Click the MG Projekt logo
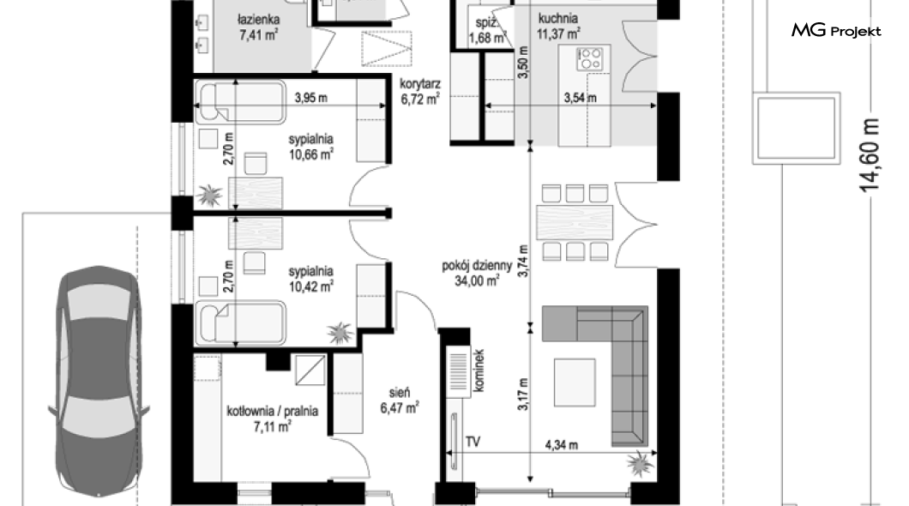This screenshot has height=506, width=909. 836,30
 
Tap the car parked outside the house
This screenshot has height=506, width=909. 99,381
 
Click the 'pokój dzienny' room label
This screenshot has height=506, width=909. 477,266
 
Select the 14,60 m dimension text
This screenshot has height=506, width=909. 870,154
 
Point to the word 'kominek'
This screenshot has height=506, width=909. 479,370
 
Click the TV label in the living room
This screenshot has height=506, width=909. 473,443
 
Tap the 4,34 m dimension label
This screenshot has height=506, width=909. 561,445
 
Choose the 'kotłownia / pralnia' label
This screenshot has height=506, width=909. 273,412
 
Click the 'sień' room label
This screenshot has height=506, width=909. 400,393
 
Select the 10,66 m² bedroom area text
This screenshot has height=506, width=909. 311,154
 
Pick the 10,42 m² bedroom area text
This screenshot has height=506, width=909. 311,286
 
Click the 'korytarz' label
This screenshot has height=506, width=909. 419,84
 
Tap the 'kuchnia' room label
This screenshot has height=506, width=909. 557,19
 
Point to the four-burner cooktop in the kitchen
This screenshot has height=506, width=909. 590,58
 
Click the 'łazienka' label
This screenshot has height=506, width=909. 259,21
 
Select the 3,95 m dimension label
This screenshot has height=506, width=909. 310,98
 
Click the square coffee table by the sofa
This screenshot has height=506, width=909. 575,382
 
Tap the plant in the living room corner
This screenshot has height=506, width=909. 640,463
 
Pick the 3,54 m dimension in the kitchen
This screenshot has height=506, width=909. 581,98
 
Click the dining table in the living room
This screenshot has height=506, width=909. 575,222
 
